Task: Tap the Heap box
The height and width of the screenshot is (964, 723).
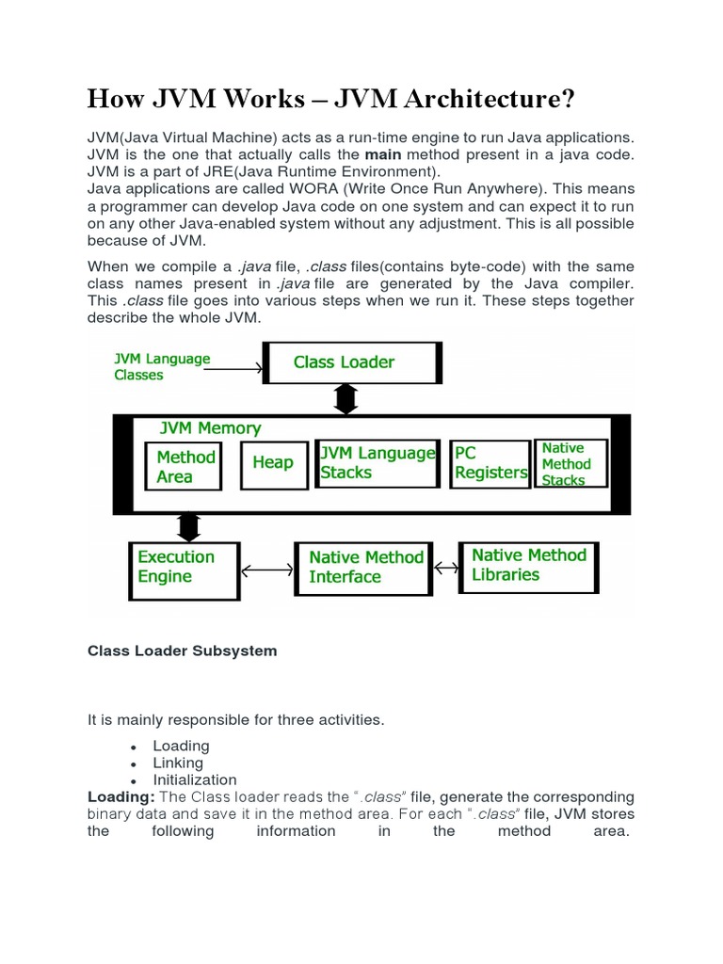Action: point(274,463)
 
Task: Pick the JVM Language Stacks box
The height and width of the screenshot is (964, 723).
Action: point(378,463)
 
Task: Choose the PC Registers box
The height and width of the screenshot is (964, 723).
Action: point(490,464)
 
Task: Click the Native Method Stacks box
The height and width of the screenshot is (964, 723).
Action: point(570,463)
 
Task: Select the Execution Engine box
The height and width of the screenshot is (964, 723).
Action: point(184,568)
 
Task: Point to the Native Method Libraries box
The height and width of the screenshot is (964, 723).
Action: point(528,566)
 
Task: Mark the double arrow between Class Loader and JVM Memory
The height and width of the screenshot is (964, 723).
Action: point(345,399)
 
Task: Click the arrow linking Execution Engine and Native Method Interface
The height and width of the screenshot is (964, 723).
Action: point(267,570)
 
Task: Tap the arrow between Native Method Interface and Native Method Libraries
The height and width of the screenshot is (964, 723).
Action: point(446,568)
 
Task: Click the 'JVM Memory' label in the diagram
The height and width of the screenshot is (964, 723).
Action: point(210,428)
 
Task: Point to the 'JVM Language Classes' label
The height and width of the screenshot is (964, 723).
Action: point(162,366)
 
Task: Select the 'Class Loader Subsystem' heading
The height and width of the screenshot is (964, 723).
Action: point(182,651)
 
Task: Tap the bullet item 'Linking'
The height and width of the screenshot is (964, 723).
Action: point(178,763)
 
